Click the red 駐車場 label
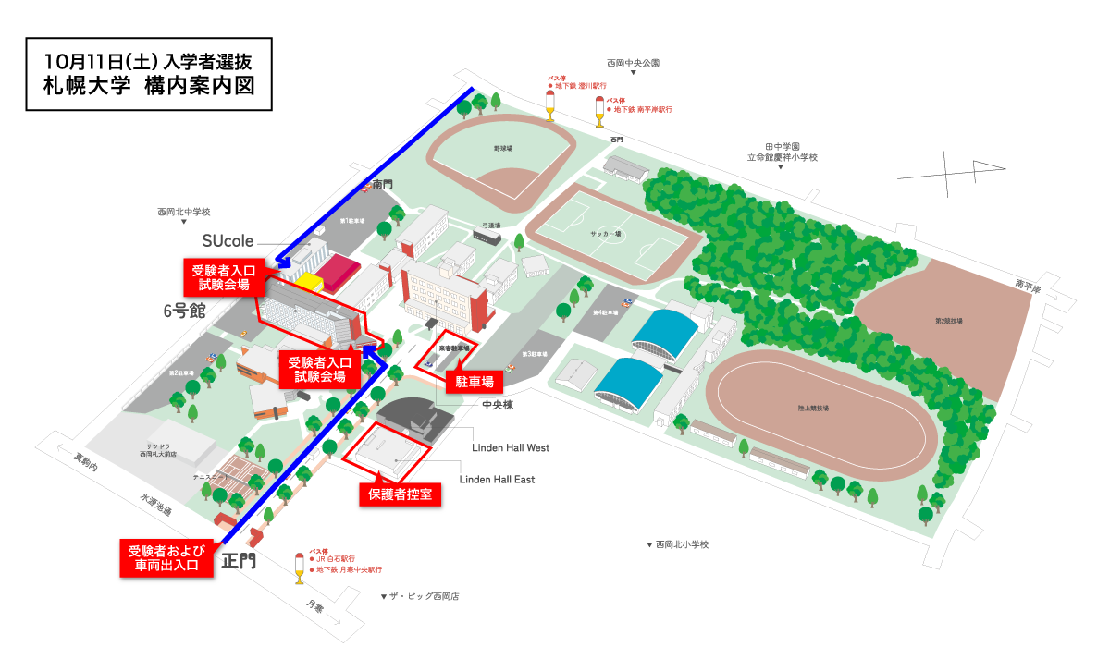pos(474,381)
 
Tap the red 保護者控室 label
pos(400,494)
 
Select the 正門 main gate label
pos(240,560)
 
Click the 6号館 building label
pos(185,312)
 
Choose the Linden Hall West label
pos(511,447)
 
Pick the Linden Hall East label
pos(497,480)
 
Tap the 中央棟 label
pos(498,405)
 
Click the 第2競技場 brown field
pos(949,320)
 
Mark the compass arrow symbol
pos(953,175)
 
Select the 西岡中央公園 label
pos(634,64)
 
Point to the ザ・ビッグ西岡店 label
pos(420,596)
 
